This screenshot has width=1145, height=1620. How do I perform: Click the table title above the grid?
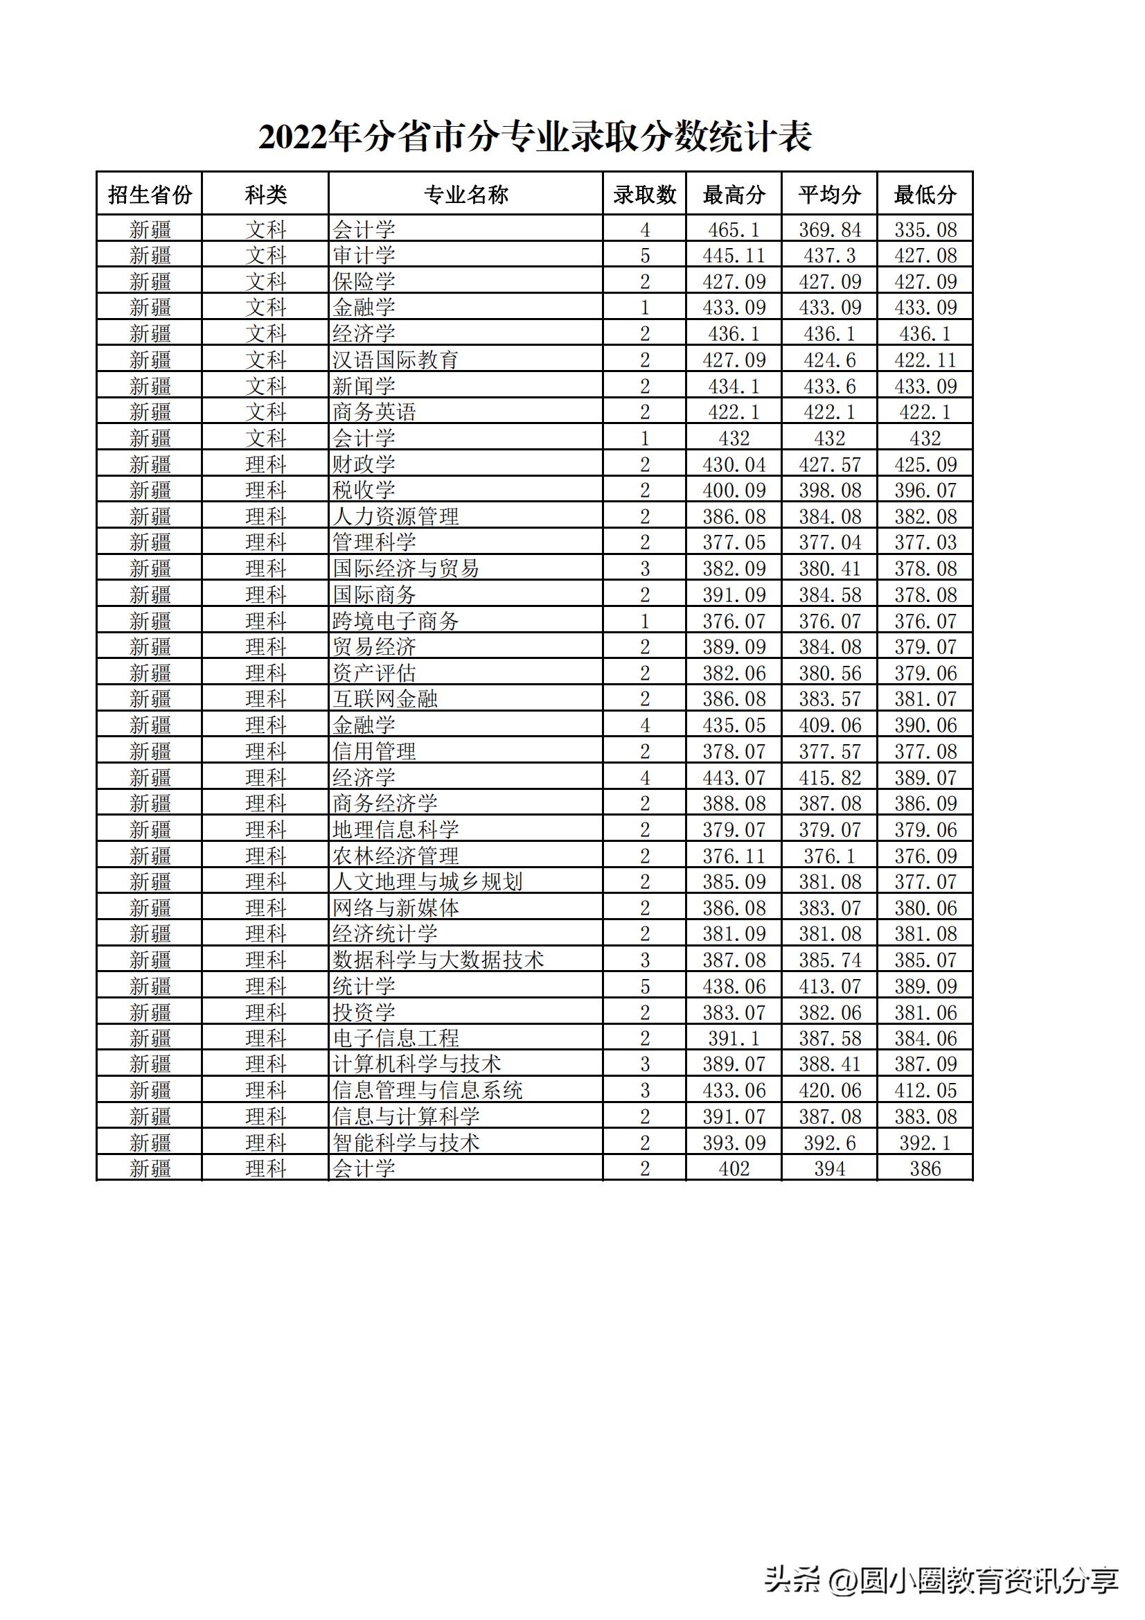(535, 137)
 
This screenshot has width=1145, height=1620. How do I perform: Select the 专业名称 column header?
(465, 194)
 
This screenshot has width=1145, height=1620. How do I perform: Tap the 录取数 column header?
(644, 194)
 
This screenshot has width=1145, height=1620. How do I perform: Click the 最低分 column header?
(925, 194)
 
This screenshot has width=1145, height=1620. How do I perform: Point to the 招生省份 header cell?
(150, 194)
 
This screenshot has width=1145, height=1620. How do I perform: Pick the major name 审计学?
(364, 256)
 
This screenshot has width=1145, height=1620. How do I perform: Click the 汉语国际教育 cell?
(395, 360)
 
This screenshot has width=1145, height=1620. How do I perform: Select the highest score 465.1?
(734, 229)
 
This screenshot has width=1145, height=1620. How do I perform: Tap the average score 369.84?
(830, 229)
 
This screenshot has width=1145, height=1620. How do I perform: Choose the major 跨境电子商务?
(395, 621)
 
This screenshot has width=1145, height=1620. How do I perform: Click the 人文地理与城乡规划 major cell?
(427, 882)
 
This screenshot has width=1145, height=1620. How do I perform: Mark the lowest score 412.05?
(925, 1091)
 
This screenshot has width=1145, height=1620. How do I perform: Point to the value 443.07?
(734, 777)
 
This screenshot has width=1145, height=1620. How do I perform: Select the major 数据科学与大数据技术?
(437, 960)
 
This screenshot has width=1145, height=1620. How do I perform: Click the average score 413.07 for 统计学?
(830, 987)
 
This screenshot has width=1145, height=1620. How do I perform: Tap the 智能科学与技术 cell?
(406, 1143)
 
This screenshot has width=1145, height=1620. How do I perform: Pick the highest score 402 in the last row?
(734, 1169)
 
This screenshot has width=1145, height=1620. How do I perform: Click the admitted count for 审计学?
(644, 256)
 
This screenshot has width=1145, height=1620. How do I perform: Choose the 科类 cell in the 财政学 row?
(265, 464)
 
